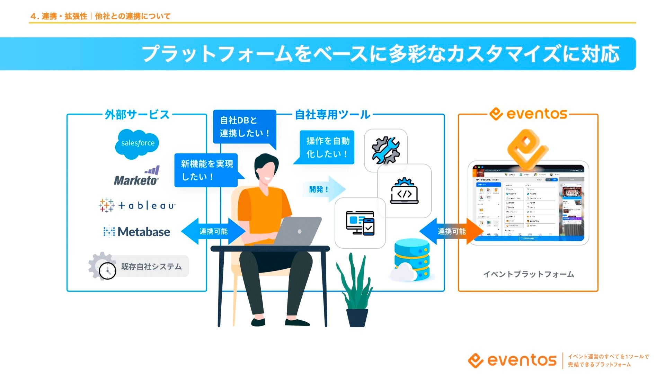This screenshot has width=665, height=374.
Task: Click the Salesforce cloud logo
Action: click(137, 144)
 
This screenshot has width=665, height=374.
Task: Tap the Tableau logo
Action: click(137, 205)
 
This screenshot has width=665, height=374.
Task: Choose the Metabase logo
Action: click(137, 232)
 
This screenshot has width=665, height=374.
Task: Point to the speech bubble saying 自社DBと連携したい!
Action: click(245, 127)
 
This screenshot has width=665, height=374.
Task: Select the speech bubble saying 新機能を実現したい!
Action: click(206, 170)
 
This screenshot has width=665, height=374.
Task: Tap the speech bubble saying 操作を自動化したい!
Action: click(327, 147)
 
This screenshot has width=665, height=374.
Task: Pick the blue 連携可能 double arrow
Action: click(213, 231)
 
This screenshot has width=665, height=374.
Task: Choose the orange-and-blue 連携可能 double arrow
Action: click(451, 231)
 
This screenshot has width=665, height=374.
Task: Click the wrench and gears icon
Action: click(385, 150)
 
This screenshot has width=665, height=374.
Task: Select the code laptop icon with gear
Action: click(405, 191)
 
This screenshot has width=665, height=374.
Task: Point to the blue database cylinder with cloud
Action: click(411, 260)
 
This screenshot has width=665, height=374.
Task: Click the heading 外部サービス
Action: click(137, 115)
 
